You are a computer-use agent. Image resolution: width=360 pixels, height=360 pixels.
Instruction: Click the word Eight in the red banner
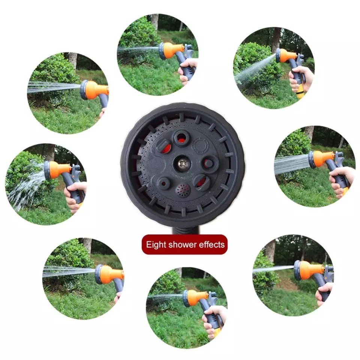click(156, 245)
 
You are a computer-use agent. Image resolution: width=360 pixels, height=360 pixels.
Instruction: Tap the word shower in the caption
click(182, 245)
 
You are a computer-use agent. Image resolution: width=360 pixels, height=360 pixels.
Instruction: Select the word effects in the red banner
click(211, 245)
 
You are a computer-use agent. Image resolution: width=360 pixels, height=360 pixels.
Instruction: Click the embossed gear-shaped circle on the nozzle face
click(200, 145)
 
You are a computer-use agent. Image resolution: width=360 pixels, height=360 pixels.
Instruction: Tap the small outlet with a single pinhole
click(163, 183)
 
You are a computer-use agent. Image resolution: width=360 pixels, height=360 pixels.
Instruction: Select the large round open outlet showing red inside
click(181, 138)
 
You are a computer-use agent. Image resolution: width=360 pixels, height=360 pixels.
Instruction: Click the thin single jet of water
click(273, 269)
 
